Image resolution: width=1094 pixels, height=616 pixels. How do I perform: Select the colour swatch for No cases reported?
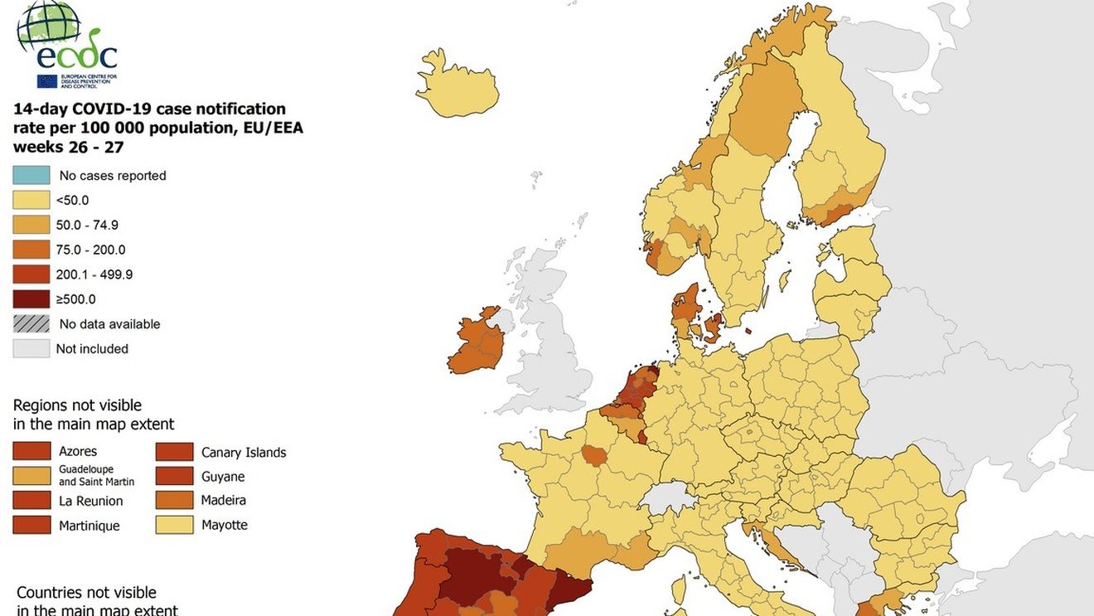click(31, 175)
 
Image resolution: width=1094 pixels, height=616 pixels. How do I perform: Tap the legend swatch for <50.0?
click(31, 200)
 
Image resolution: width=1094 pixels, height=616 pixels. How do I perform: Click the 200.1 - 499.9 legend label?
click(94, 274)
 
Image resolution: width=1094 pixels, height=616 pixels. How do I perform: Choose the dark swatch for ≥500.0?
click(31, 299)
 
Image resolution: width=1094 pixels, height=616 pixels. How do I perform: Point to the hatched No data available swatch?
click(31, 324)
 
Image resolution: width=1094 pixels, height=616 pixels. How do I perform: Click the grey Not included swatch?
click(31, 349)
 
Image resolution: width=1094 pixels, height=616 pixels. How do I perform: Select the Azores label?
click(78, 451)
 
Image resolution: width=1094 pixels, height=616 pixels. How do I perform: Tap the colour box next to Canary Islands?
click(174, 452)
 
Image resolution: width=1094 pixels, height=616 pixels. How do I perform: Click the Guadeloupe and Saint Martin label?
click(96, 475)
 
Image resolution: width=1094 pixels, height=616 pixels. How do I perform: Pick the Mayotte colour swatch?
click(174, 525)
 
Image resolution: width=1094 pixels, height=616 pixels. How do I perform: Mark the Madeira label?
click(223, 500)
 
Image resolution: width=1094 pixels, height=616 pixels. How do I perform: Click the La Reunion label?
click(90, 501)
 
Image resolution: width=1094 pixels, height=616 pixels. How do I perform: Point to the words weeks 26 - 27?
click(68, 147)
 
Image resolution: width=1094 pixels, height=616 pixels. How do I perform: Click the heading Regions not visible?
click(77, 405)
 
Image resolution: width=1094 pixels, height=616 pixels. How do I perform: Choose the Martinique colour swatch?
click(31, 525)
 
